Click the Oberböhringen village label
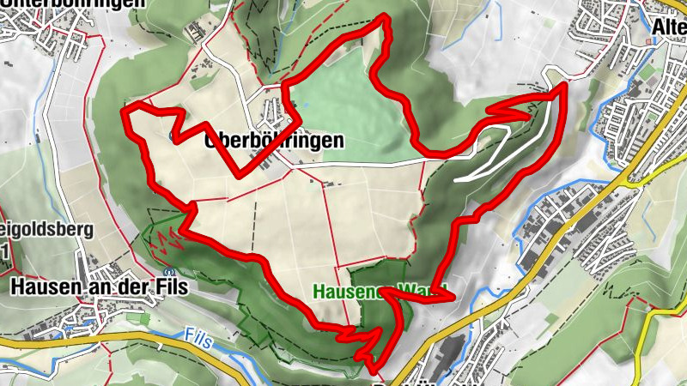[275, 142]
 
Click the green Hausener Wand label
[378, 291]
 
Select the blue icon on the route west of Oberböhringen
[174, 136]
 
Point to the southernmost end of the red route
[375, 369]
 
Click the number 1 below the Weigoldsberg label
[5, 251]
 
